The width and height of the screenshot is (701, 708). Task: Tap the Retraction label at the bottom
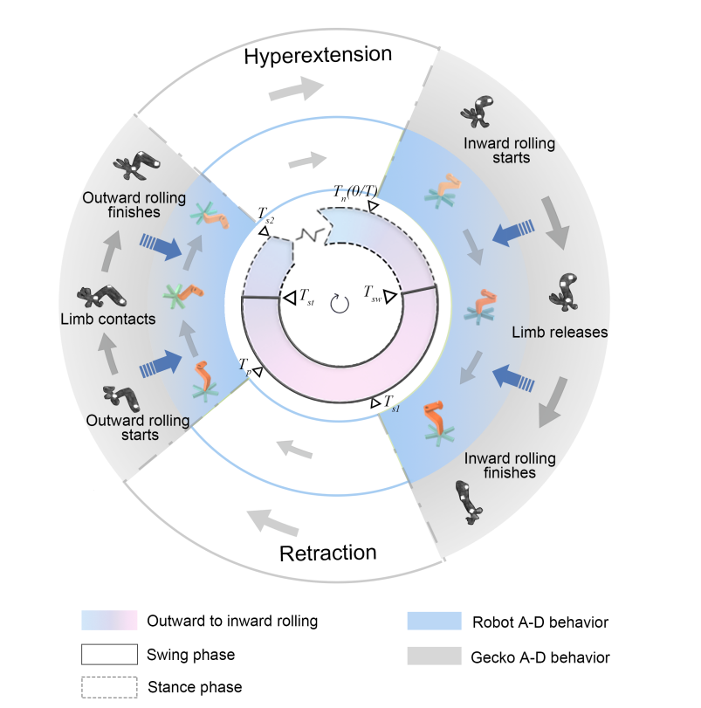328,553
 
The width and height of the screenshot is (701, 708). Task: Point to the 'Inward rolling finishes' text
500,465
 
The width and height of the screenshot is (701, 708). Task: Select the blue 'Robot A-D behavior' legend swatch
433,622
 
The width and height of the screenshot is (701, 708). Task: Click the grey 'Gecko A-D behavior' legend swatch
433,655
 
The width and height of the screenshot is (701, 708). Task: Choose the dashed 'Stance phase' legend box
109,686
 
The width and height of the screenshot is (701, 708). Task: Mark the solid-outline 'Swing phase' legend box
109,654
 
